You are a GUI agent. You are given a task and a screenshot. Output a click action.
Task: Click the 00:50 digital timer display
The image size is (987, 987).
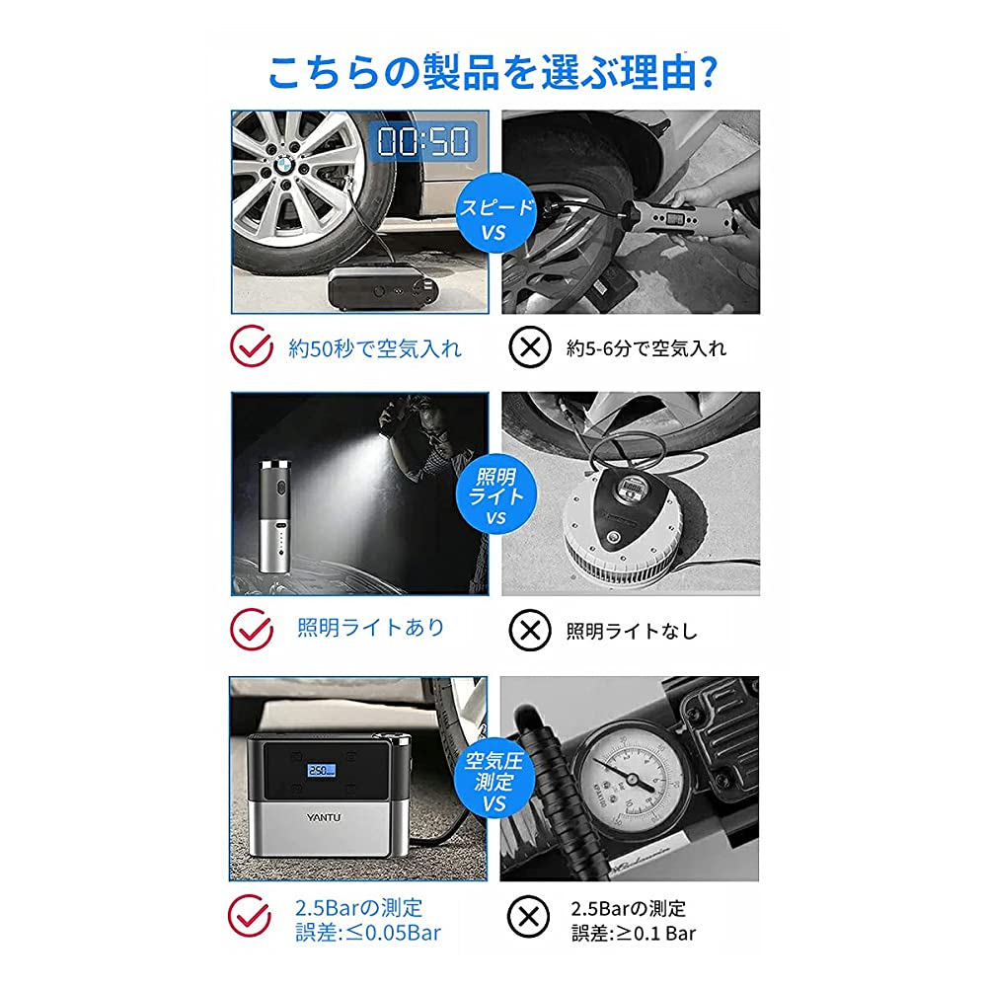click(423, 140)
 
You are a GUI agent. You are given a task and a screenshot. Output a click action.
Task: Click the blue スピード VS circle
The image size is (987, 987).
click(495, 213)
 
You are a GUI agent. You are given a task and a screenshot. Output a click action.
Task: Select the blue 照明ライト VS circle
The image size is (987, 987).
click(495, 494)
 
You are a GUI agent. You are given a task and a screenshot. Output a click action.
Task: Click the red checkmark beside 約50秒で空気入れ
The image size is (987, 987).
click(251, 346)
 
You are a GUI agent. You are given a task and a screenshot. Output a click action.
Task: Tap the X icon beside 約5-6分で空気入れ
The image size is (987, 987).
click(530, 346)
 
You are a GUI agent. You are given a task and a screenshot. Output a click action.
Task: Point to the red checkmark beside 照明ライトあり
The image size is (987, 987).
click(251, 629)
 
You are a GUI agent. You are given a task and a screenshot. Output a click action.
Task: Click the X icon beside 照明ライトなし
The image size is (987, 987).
click(530, 630)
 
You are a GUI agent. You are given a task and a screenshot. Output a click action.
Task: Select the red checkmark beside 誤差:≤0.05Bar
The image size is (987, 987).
click(250, 916)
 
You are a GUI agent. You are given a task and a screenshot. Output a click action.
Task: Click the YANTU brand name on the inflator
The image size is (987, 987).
click(324, 817)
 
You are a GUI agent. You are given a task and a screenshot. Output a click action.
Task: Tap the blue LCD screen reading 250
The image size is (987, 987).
click(321, 770)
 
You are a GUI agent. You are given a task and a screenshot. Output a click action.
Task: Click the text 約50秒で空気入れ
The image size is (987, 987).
click(375, 348)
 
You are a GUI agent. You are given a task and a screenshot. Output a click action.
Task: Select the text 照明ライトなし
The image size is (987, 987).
click(632, 631)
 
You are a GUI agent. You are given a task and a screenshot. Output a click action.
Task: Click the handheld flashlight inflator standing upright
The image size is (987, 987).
click(275, 515)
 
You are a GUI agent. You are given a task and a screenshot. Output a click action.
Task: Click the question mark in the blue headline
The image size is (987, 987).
click(708, 72)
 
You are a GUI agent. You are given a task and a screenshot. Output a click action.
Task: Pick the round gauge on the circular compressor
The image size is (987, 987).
click(630, 488)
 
